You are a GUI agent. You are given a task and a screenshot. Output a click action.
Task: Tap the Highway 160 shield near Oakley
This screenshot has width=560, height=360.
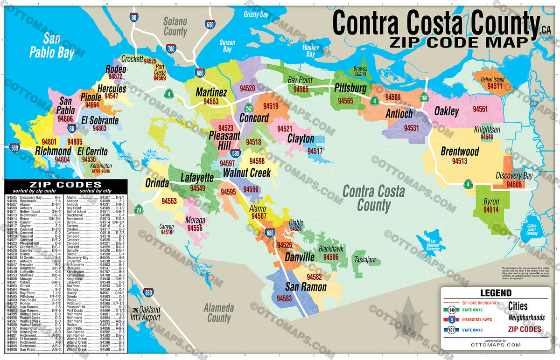point(424,98)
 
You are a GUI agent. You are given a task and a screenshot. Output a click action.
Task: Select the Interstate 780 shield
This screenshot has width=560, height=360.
point(171,49)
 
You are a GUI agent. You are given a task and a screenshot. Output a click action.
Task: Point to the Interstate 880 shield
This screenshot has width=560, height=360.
point(148,292)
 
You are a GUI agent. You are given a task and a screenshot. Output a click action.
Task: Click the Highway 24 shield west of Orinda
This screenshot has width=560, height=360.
point(139,210)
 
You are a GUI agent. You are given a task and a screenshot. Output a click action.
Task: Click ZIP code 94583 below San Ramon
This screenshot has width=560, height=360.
point(284,298)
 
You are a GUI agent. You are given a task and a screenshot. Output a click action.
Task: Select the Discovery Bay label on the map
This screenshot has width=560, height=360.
point(514,175)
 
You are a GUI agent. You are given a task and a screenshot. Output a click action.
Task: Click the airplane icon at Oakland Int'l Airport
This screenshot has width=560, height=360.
point(135,310)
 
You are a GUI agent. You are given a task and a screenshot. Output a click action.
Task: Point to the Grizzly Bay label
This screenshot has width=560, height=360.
point(256,14)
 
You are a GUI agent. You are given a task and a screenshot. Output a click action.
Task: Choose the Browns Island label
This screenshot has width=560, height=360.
point(360,71)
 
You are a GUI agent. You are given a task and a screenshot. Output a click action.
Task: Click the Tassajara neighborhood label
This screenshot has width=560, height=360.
point(365,259)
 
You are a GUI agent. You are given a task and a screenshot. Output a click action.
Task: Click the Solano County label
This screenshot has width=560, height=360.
point(175,27)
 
